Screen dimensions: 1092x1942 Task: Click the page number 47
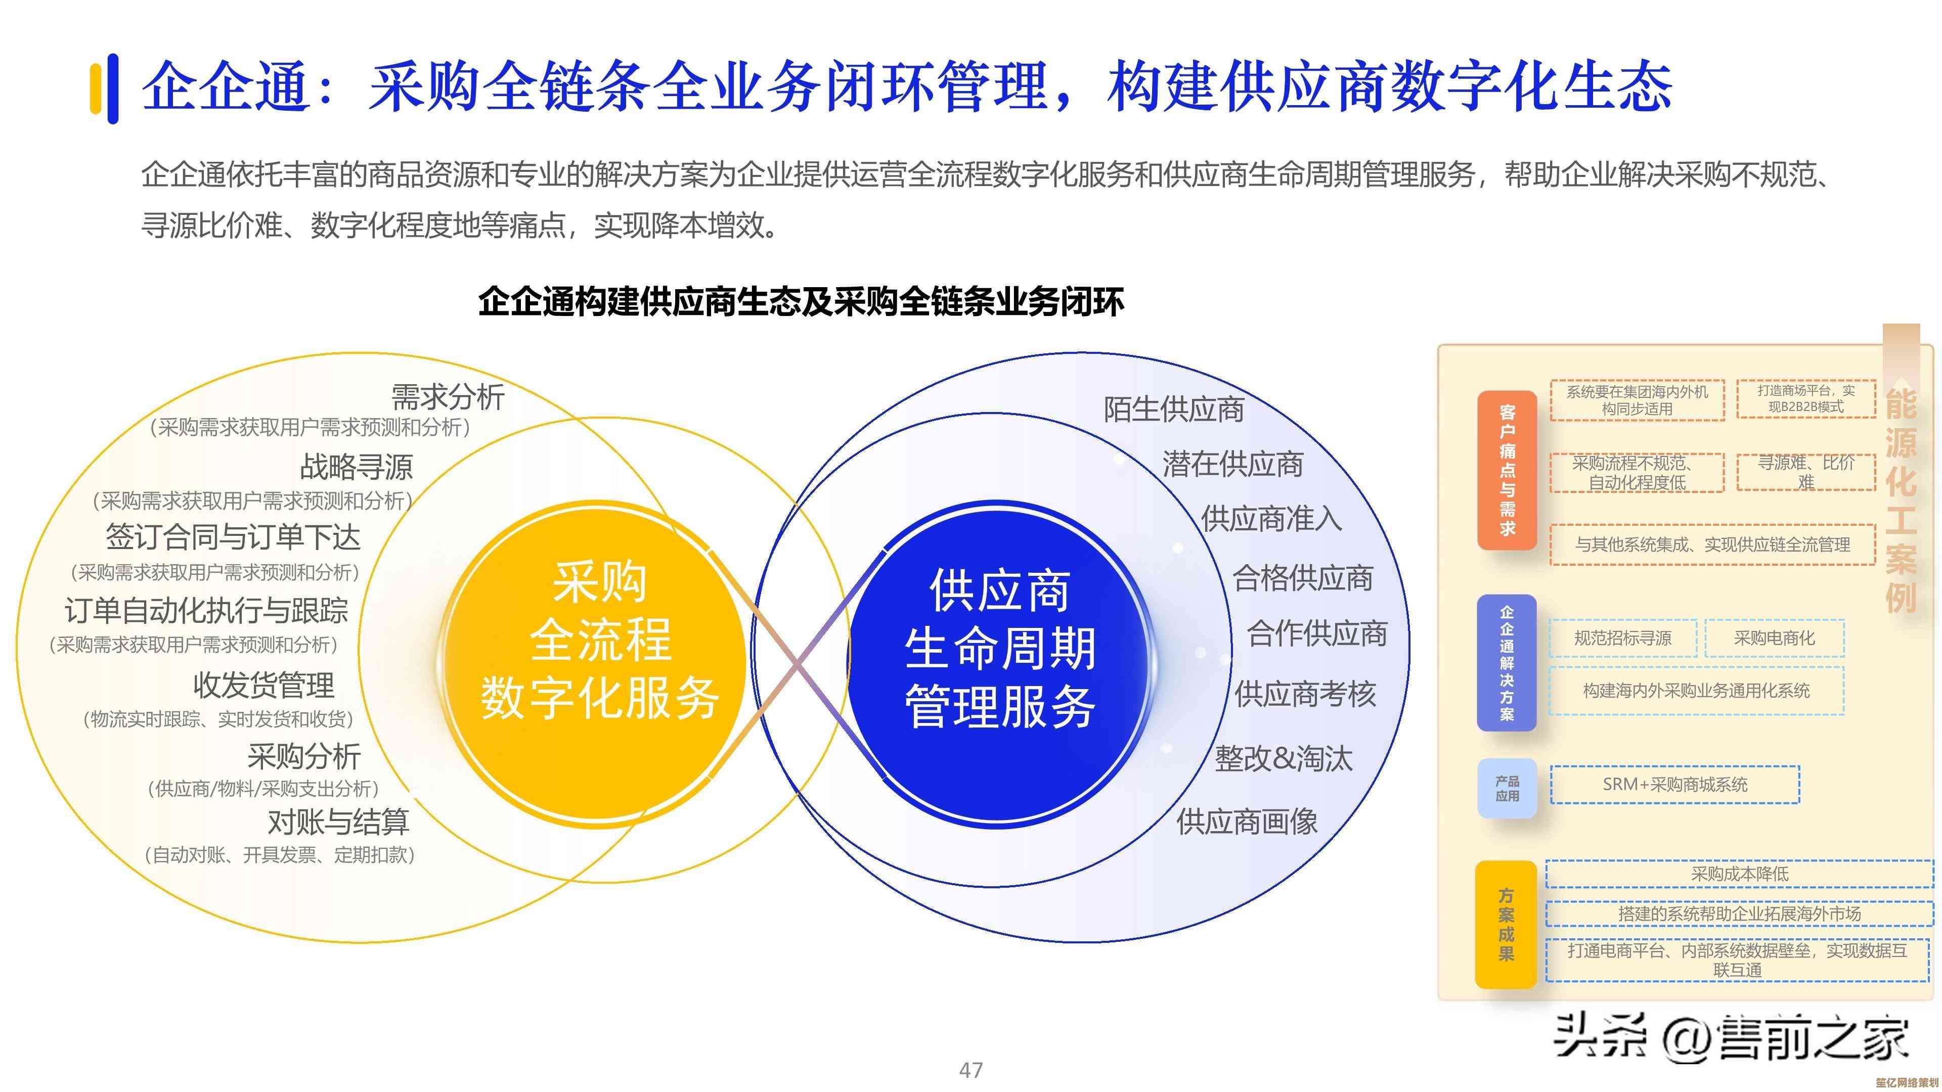click(970, 1069)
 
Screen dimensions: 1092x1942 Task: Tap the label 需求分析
click(448, 396)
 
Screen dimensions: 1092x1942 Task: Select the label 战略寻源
click(357, 467)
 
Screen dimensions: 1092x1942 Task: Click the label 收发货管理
click(264, 685)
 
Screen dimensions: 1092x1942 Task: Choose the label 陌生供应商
click(1173, 409)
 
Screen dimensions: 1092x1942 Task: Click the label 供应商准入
click(1271, 519)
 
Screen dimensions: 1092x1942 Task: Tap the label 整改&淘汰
click(1283, 758)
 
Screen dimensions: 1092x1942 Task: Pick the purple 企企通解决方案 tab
click(1506, 662)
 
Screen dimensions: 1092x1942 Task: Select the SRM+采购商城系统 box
click(1674, 785)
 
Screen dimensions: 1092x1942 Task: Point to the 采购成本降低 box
click(1739, 874)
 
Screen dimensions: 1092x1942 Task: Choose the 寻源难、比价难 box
click(1805, 472)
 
